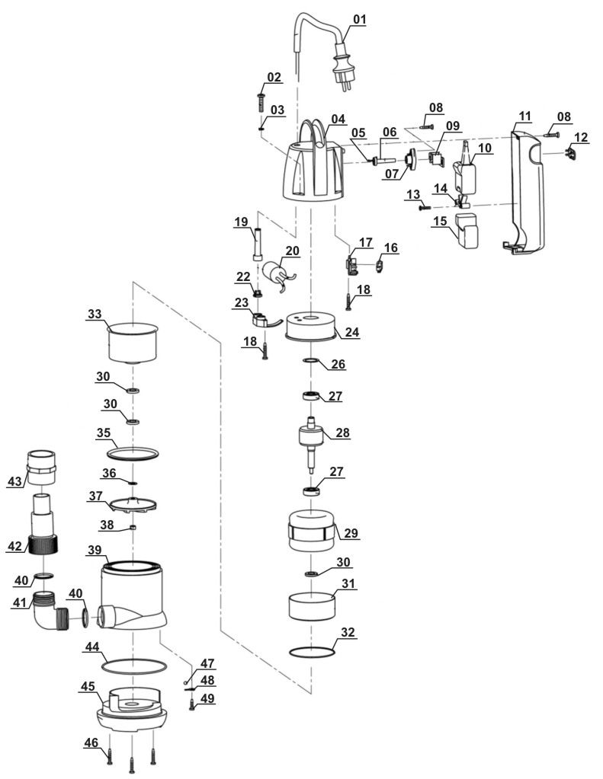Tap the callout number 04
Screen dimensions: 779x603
coord(338,119)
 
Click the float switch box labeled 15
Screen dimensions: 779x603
coord(467,229)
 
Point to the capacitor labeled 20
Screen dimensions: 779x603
coord(276,272)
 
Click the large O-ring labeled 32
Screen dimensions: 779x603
coord(313,651)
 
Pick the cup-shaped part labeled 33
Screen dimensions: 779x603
coord(133,343)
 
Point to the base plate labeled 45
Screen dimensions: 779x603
coord(133,708)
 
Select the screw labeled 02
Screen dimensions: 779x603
coord(261,103)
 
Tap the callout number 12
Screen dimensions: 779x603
coord(581,137)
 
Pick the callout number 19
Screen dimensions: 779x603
coord(241,222)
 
